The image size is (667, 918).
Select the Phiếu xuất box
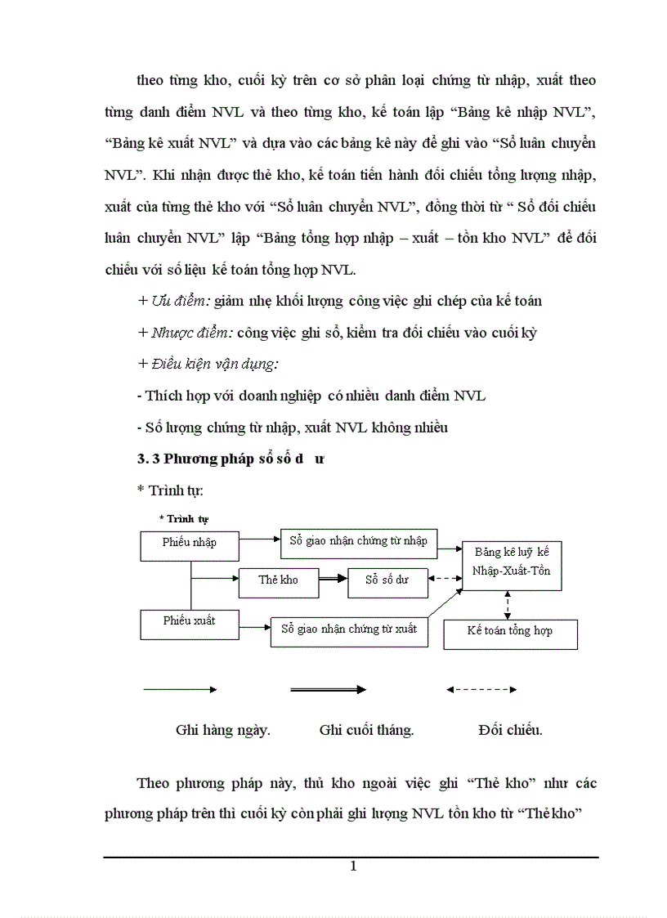(189, 624)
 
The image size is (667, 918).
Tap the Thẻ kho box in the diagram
(278, 580)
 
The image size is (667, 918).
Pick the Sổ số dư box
(387, 580)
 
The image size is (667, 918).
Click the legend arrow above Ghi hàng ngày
(180, 690)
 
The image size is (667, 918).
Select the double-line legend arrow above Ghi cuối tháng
(328, 690)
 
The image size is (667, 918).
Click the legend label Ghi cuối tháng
(366, 730)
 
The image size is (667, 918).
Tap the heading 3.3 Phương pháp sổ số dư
(231, 459)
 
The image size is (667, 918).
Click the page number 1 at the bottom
(352, 867)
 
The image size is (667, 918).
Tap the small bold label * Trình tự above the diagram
(184, 518)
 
